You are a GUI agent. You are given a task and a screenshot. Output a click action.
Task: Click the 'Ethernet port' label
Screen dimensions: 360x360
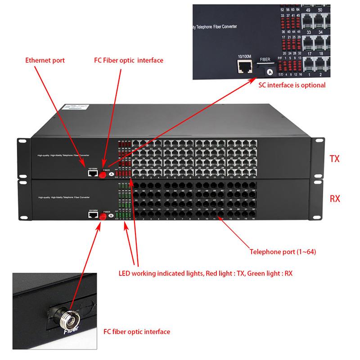[x=45, y=60]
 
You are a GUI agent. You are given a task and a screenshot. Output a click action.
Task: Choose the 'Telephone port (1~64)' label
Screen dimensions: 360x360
[x=283, y=252]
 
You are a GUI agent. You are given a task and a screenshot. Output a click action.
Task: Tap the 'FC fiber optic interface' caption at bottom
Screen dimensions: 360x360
[x=136, y=332]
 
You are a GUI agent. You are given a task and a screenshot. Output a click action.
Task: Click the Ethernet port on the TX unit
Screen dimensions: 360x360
[x=93, y=171]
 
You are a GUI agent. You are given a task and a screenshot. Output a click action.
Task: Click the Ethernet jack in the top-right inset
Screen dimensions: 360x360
[x=244, y=67]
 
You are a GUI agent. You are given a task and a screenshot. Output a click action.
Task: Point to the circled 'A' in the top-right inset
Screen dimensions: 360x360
[x=270, y=72]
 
